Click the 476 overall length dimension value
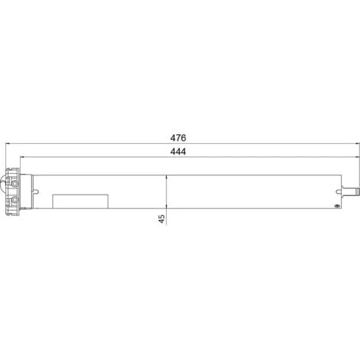click(179, 138)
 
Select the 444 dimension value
click(179, 152)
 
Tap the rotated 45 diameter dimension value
click(162, 218)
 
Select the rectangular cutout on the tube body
click(80, 201)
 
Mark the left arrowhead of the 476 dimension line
click(8, 144)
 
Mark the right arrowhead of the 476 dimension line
click(353, 144)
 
